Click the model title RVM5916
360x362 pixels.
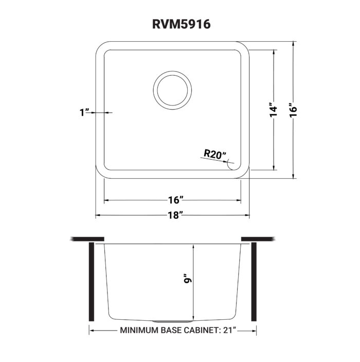[x=180, y=24]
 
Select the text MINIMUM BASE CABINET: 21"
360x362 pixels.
[x=177, y=330]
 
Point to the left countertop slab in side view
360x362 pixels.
[x=87, y=239]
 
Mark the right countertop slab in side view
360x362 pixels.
[x=258, y=239]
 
